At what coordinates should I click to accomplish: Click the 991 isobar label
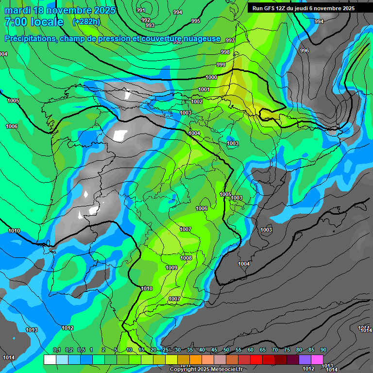point(141,10)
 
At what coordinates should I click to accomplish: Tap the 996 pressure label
point(305,51)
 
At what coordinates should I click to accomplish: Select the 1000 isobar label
point(211,77)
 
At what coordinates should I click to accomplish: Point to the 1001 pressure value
point(204,89)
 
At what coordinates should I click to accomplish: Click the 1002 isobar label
point(197,102)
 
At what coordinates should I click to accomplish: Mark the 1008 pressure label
point(186,258)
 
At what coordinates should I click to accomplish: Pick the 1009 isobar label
point(171,268)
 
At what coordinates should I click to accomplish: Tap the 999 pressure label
point(221,65)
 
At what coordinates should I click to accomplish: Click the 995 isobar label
point(196,21)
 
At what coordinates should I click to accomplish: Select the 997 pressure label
point(230,40)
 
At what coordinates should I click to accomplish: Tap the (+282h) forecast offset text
point(86,22)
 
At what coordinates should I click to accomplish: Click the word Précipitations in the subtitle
point(31,38)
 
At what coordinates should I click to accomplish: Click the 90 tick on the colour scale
point(323,350)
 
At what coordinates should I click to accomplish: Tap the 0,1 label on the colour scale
point(57,350)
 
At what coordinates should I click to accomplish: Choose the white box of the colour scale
point(50,359)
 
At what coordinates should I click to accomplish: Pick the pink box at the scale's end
point(317,359)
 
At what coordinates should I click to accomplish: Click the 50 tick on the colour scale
point(226,350)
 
